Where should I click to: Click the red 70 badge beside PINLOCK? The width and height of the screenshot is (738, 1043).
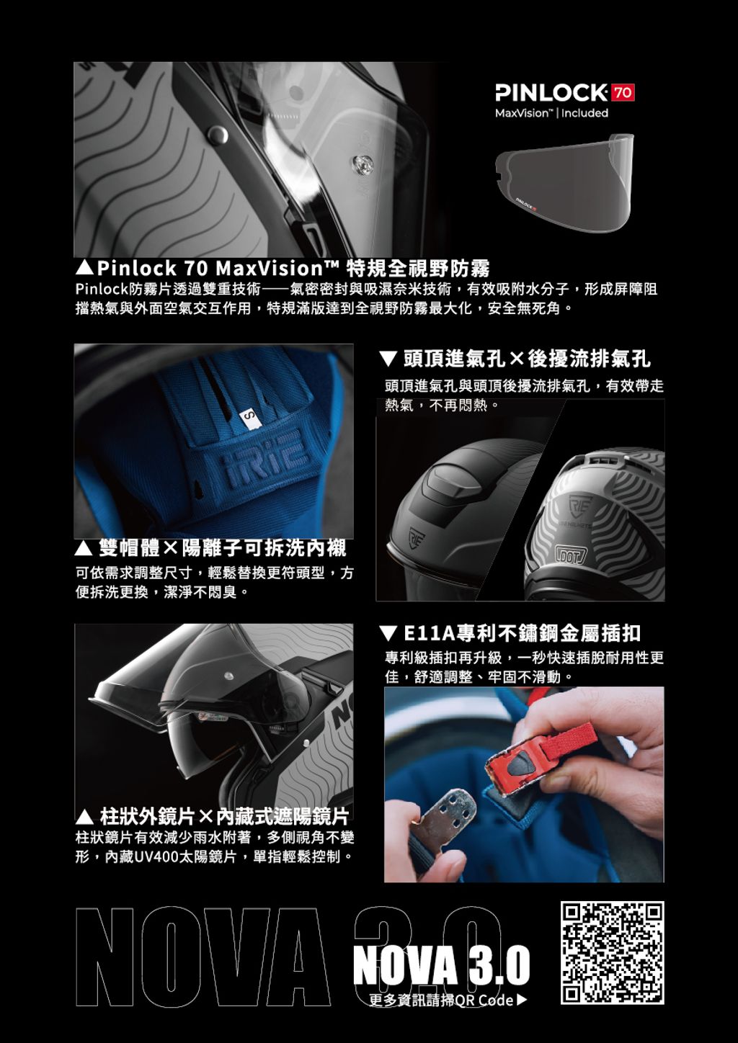coord(623,92)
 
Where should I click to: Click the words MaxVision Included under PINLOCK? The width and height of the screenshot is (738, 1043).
coord(551,113)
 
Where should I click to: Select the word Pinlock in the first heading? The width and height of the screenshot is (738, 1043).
coord(137,268)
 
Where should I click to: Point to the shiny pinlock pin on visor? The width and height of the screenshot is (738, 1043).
coord(362,164)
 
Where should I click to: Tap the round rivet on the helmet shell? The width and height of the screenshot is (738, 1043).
coord(218,135)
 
